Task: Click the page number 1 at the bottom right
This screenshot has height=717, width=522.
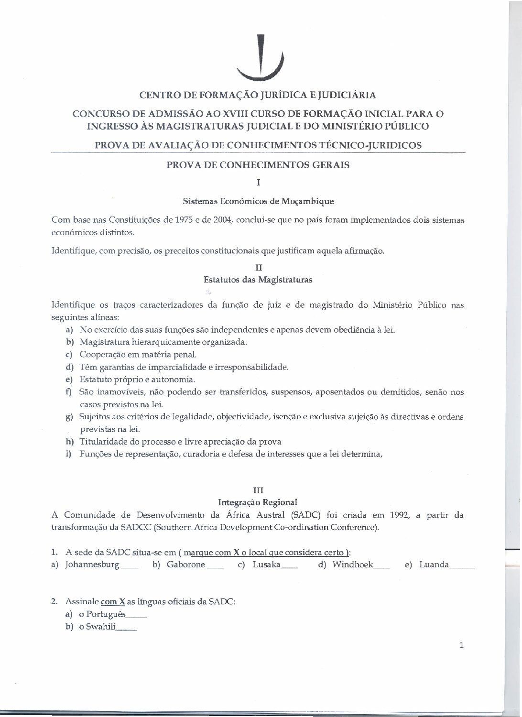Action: pos(461,645)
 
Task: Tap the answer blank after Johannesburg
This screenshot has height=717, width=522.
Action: pos(130,566)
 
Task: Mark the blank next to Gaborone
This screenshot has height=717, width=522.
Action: pos(216,566)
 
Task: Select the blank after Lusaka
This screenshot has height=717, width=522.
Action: pos(289,566)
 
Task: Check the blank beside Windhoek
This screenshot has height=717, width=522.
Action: pos(381,566)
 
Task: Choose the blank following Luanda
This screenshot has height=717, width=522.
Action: pos(462,566)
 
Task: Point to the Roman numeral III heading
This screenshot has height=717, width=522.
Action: pos(258,490)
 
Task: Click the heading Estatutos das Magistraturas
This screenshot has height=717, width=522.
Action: pos(258,280)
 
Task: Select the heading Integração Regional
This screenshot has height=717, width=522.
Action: pos(258,502)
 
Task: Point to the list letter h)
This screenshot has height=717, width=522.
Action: pos(70,442)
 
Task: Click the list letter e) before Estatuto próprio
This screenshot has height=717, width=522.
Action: pos(69,380)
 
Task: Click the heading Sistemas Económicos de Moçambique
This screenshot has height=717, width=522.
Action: pos(258,201)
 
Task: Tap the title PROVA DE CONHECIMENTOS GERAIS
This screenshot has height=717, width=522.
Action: pos(258,165)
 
